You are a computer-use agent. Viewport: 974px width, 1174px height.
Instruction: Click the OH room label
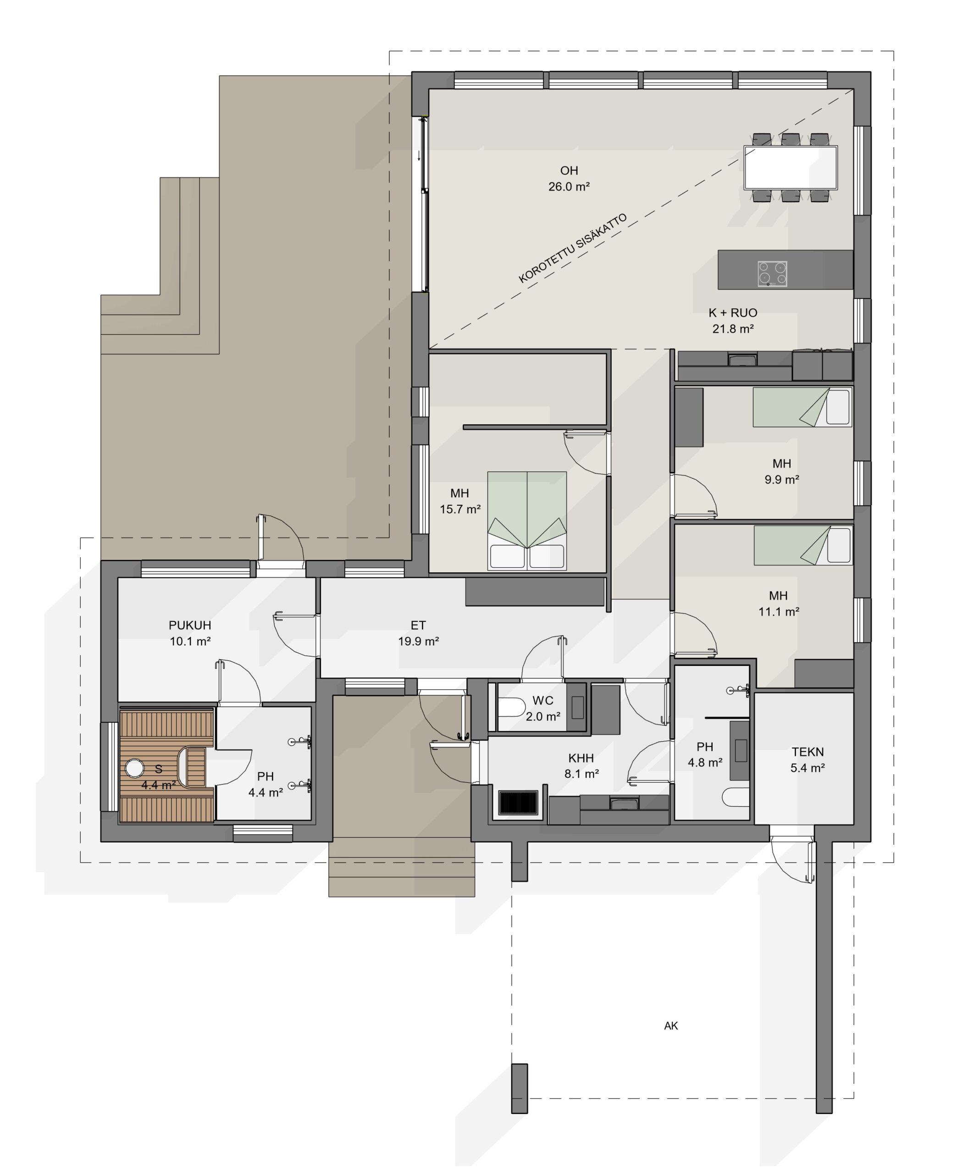569,171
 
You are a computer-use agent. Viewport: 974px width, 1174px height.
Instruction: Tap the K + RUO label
732,312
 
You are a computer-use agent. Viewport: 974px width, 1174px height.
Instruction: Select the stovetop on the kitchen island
772,274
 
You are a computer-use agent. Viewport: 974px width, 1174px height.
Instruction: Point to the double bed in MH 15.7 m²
527,521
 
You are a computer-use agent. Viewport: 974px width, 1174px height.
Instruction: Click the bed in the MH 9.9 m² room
802,407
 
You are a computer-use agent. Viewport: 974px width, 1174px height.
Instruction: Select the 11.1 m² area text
778,612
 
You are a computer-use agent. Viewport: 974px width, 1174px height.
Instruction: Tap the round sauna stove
134,768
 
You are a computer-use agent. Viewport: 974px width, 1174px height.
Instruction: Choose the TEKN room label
808,752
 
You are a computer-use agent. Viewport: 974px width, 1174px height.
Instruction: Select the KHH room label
581,758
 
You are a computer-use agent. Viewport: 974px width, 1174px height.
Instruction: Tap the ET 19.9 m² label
418,633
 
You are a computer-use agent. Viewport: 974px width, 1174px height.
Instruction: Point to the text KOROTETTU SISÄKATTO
573,248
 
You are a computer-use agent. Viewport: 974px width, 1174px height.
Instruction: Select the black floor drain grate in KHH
518,802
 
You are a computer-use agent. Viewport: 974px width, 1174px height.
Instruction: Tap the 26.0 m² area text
569,187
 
